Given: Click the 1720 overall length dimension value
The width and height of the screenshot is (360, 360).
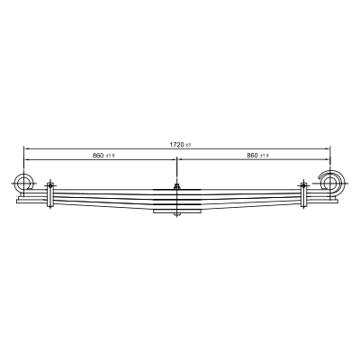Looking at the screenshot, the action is [x=176, y=145].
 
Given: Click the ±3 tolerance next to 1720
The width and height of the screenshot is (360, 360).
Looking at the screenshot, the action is [x=188, y=145].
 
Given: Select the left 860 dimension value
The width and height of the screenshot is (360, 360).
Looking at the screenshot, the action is [x=98, y=156].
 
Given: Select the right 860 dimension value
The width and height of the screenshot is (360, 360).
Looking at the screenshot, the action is [x=252, y=155].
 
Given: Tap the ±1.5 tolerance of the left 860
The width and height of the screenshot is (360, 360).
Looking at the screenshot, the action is [x=110, y=156].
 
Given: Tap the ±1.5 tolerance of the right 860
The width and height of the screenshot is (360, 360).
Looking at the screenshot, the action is [x=265, y=156].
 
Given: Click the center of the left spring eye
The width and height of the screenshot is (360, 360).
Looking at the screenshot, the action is [x=23, y=183].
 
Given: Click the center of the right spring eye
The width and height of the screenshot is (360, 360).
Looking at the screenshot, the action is [x=329, y=182].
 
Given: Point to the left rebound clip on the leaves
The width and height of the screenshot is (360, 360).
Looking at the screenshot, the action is [x=50, y=195].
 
